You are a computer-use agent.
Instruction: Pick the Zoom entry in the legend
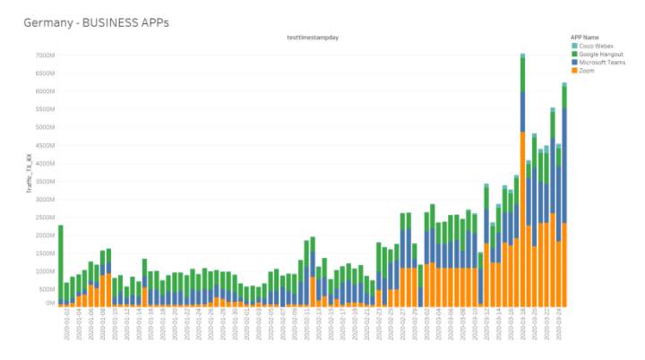(587, 70)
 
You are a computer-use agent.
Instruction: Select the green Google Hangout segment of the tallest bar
(522, 74)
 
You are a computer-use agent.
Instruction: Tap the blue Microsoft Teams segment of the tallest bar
(522, 112)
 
